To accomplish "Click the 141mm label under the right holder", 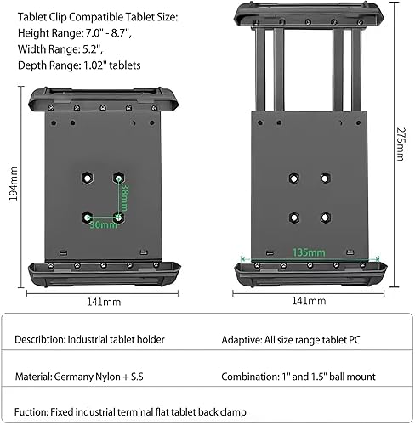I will (x=309, y=301).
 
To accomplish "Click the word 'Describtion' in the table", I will (x=38, y=339).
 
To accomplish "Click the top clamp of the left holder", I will (x=105, y=98).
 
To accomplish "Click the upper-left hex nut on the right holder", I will (x=293, y=177).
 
